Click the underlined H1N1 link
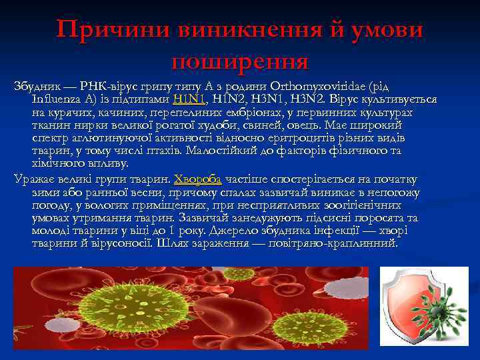188,99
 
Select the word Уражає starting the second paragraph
37,179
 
